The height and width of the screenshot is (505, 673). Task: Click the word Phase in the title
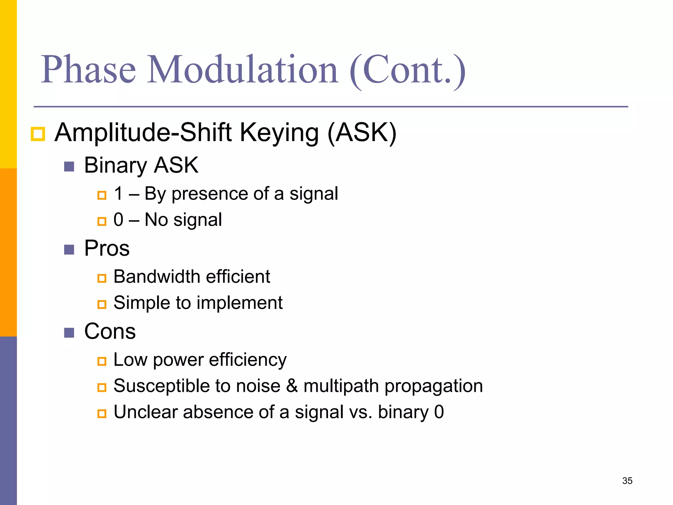pos(88,70)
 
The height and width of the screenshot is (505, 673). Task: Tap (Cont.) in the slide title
pos(407,70)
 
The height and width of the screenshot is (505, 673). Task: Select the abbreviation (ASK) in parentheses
pos(362,132)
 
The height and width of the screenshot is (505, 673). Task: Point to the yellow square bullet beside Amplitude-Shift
pos(38,134)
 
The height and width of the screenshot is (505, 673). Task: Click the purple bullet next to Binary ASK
pos(69,167)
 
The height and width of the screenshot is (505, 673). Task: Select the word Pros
pos(107,248)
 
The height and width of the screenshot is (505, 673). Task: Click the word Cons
pos(110,331)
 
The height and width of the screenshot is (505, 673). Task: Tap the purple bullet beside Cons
pos(69,333)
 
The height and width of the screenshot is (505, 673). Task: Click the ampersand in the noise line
pos(292,386)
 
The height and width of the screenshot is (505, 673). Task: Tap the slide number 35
pos(627,481)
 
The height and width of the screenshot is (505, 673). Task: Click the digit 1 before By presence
pos(119,193)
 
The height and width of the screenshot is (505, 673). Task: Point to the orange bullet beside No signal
pos(102,221)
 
